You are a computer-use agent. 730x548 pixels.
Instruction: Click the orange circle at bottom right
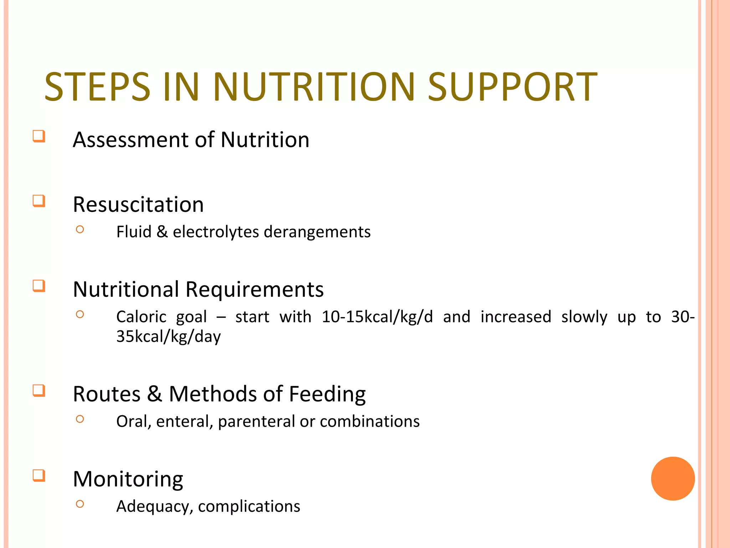(673, 478)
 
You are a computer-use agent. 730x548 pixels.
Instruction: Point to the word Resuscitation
(138, 205)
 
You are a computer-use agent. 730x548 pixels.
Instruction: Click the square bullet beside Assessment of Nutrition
(39, 136)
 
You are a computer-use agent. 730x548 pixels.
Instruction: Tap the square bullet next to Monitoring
(39, 476)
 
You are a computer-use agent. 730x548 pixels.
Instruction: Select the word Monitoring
(128, 479)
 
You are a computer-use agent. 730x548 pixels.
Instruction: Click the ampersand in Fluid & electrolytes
(162, 232)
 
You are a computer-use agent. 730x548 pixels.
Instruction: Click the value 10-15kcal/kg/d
(377, 317)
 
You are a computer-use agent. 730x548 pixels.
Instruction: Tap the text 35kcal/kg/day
(168, 337)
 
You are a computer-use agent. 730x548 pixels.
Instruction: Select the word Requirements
(255, 289)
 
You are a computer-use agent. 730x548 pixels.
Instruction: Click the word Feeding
(327, 395)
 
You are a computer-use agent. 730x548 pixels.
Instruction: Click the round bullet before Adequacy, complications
(80, 504)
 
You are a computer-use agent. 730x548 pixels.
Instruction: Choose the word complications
(249, 507)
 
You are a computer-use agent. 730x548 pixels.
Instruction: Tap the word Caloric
(142, 317)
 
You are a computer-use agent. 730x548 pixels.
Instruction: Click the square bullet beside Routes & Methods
(39, 391)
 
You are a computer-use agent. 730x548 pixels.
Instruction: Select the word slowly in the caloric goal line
(584, 317)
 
